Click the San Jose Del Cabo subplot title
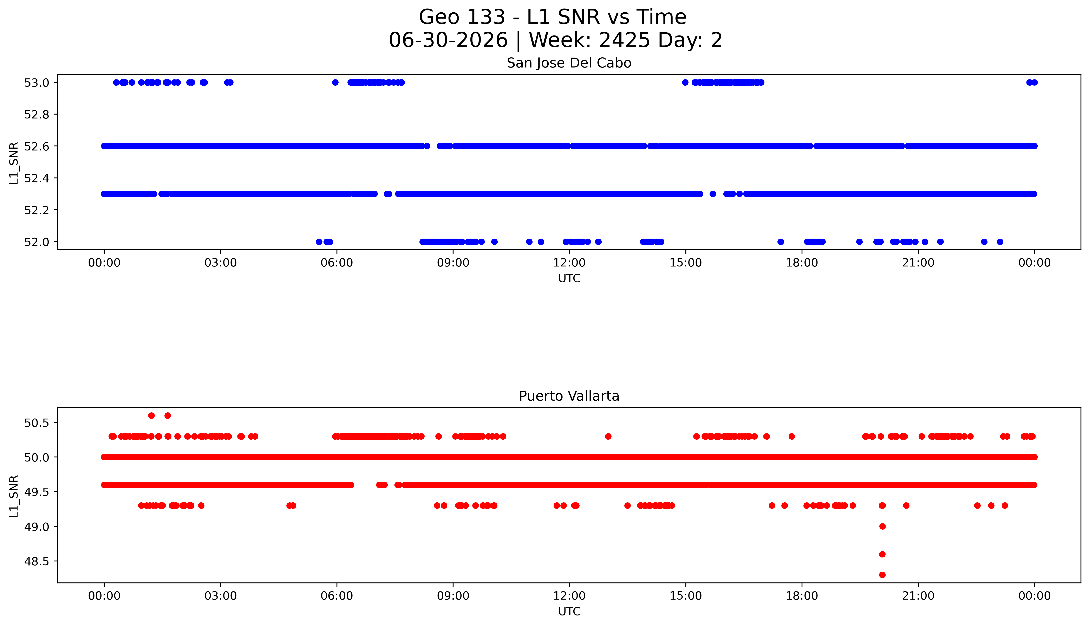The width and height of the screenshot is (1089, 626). [x=569, y=63]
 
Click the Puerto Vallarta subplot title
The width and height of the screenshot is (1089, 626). [x=569, y=396]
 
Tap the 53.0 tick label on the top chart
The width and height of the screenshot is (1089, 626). [x=37, y=83]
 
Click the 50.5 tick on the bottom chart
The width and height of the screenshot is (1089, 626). [x=37, y=423]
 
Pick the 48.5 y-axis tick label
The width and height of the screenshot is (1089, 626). [x=37, y=561]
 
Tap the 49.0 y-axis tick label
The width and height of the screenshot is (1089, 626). [x=37, y=526]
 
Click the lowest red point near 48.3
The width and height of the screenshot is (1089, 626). [x=882, y=575]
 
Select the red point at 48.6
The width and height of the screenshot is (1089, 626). [x=882, y=554]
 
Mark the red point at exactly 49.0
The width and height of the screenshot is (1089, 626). [x=882, y=526]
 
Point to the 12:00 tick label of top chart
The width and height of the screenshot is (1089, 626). [x=569, y=263]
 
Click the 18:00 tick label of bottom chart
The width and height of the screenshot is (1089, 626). [x=802, y=596]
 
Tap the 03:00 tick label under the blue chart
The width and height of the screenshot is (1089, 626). [x=221, y=263]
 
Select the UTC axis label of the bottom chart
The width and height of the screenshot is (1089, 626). [x=569, y=611]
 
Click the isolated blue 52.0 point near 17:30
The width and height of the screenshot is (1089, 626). [x=781, y=242]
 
